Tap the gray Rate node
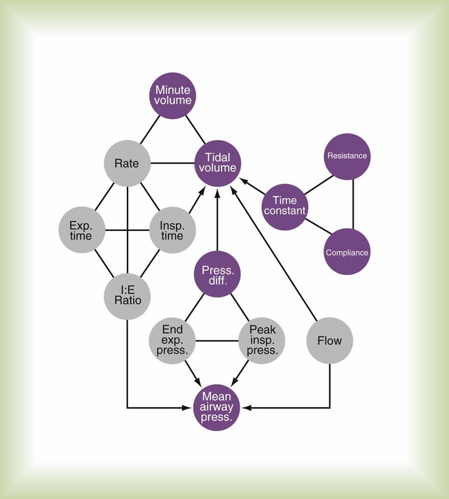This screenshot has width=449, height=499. click(x=127, y=164)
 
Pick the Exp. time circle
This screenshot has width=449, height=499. click(x=83, y=230)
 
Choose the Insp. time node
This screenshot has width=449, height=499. click(x=172, y=230)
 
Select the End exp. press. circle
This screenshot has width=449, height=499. click(x=172, y=342)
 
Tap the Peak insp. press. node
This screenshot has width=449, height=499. click(x=262, y=342)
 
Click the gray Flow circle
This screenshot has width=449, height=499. click(x=329, y=342)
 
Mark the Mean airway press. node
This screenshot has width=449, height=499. click(x=217, y=406)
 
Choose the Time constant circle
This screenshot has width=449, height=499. click(x=285, y=206)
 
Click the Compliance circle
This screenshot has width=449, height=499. click(x=347, y=252)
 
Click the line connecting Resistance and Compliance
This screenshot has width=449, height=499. click(x=353, y=204)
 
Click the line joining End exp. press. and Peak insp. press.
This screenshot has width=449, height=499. click(x=217, y=342)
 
